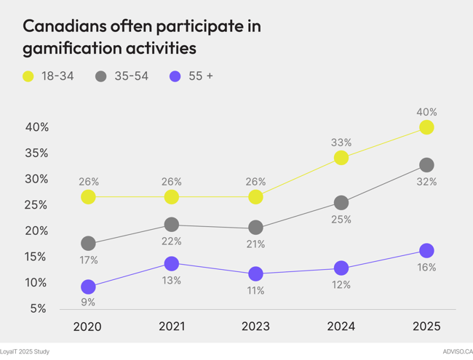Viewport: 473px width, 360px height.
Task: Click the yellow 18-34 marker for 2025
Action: [x=426, y=127]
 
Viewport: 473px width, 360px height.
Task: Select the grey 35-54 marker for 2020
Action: [x=88, y=243]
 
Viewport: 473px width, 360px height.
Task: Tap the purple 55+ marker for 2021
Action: [x=172, y=263]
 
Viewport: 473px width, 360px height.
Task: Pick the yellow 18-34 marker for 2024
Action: [x=341, y=157]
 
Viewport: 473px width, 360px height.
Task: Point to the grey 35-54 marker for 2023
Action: [x=255, y=228]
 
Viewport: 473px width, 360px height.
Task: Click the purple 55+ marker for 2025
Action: [x=426, y=250]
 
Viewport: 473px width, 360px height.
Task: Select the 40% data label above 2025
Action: [x=426, y=112]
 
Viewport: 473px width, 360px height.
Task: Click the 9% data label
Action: [x=88, y=302]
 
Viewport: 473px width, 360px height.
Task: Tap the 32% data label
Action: [x=426, y=182]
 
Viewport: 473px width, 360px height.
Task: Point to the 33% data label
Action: [x=341, y=143]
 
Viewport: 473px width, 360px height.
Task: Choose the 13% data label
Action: [x=172, y=280]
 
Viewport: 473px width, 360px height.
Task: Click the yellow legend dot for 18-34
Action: [x=28, y=76]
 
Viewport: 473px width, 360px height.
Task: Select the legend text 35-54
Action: [x=131, y=76]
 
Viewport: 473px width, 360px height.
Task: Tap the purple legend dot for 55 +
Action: [x=175, y=76]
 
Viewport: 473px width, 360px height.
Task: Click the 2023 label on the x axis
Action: [x=255, y=327]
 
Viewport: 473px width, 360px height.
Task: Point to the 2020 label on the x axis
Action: [x=88, y=327]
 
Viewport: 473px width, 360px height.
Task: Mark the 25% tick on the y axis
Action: [x=37, y=204]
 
